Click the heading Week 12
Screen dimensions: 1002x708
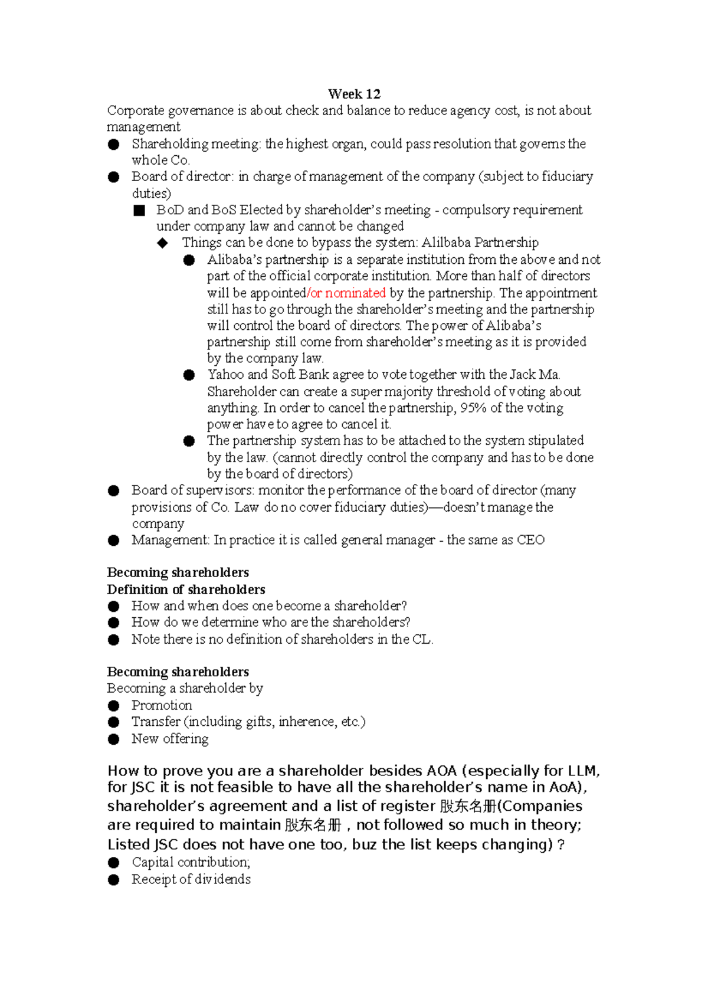pyautogui.click(x=354, y=94)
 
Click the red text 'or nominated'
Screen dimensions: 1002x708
pyautogui.click(x=347, y=293)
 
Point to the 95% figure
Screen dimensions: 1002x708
pyautogui.click(x=473, y=408)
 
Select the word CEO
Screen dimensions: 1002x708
pyautogui.click(x=530, y=540)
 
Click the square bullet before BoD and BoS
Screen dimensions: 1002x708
pyautogui.click(x=139, y=211)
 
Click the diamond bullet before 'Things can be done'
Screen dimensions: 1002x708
pyautogui.click(x=163, y=243)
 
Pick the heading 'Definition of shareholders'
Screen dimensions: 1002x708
pyautogui.click(x=186, y=590)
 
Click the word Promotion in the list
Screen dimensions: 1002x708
pyautogui.click(x=162, y=705)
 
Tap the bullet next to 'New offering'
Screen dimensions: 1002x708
pyautogui.click(x=114, y=739)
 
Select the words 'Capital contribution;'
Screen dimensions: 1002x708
pyautogui.click(x=191, y=862)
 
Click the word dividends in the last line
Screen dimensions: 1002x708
pyautogui.click(x=222, y=879)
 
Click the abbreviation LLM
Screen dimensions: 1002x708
pyautogui.click(x=583, y=771)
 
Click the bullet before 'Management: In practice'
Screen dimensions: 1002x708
pyautogui.click(x=114, y=541)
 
